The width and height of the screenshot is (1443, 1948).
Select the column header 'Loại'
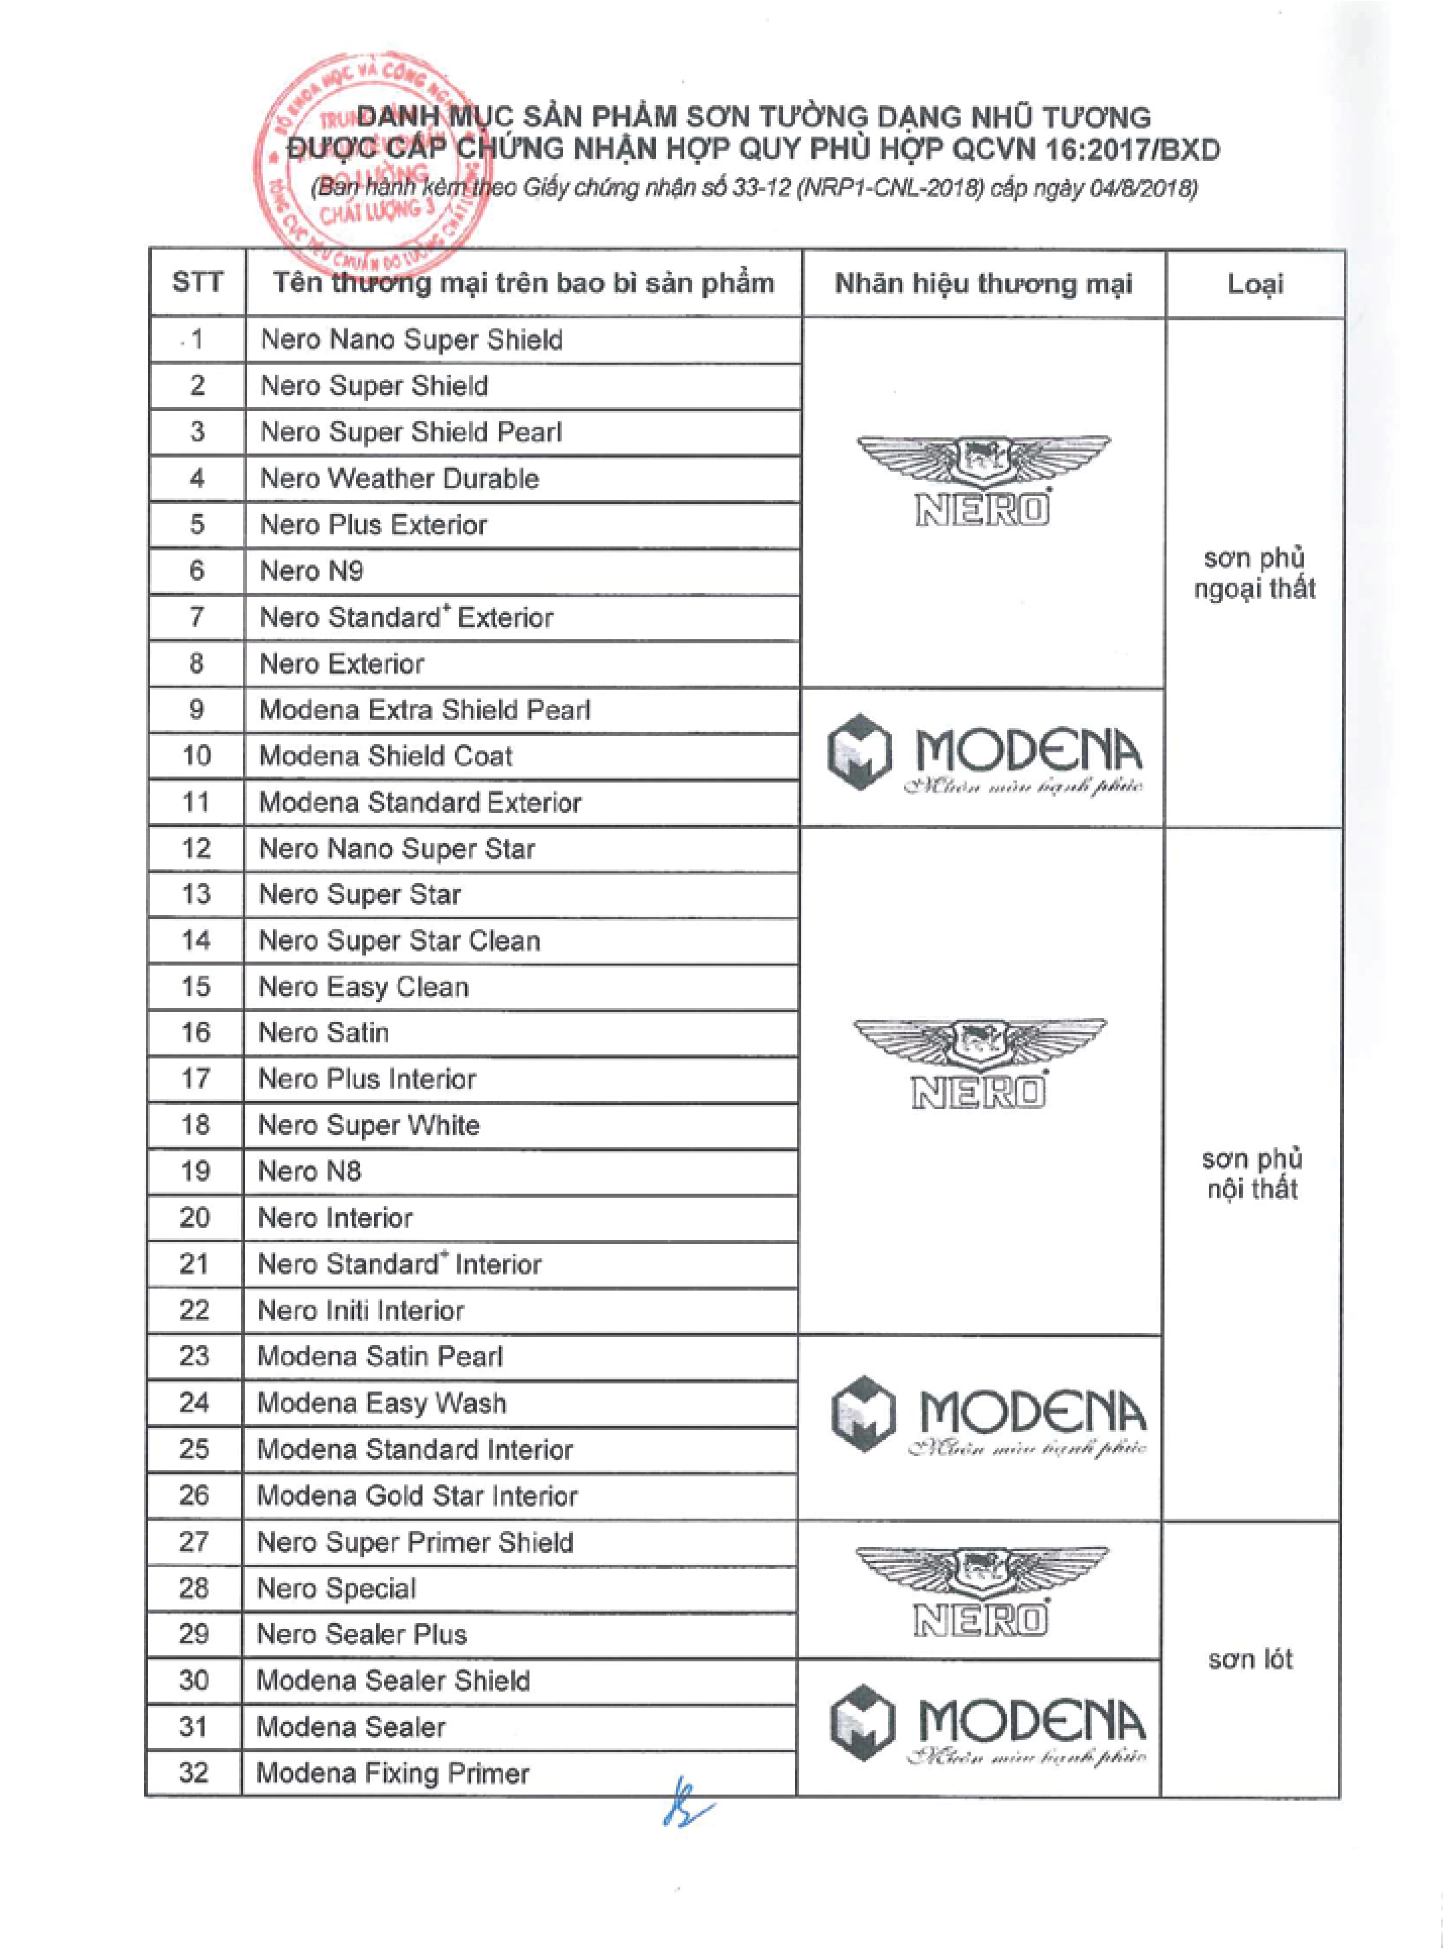point(1255,284)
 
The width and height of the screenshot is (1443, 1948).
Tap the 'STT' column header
point(197,282)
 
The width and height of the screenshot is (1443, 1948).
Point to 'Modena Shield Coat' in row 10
point(385,756)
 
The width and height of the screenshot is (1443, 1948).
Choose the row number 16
point(196,1032)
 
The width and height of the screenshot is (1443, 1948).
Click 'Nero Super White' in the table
point(369,1125)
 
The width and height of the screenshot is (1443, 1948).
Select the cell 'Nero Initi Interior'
point(361,1310)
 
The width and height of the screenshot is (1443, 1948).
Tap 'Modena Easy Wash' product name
point(381,1403)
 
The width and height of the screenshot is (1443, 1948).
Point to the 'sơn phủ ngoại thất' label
point(1255,573)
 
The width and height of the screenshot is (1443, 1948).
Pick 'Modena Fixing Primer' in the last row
point(393,1773)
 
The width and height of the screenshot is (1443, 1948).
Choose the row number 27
point(194,1542)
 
